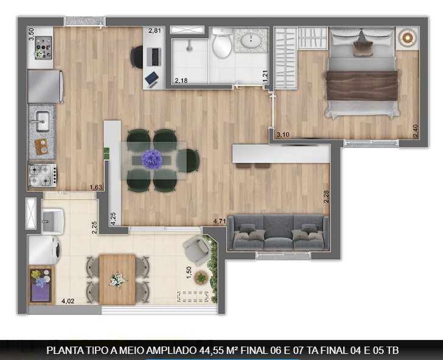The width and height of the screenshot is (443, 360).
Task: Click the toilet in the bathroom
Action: pyautogui.click(x=222, y=45)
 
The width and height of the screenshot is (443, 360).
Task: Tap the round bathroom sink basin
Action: pyautogui.click(x=251, y=42)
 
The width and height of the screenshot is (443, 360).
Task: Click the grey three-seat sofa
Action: pyautogui.click(x=277, y=233)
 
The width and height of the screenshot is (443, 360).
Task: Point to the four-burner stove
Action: pyautogui.click(x=42, y=175)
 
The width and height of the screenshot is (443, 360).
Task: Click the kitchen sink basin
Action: pyautogui.click(x=41, y=121)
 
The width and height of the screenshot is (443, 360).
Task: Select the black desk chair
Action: pyautogui.click(x=137, y=57)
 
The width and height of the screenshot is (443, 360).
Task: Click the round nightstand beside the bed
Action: pyautogui.click(x=406, y=38)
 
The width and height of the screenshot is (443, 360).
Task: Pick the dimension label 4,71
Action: pyautogui.click(x=220, y=222)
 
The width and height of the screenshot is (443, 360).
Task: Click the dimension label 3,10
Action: pyautogui.click(x=282, y=134)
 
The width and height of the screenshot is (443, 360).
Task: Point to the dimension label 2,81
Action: pyautogui.click(x=155, y=30)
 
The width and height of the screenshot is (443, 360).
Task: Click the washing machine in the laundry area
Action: pyautogui.click(x=44, y=250)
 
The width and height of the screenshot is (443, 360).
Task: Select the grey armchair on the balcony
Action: pyautogui.click(x=196, y=249)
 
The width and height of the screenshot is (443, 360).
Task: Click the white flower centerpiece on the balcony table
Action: pyautogui.click(x=117, y=280)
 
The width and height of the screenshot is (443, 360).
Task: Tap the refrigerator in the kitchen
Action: pyautogui.click(x=45, y=86)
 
